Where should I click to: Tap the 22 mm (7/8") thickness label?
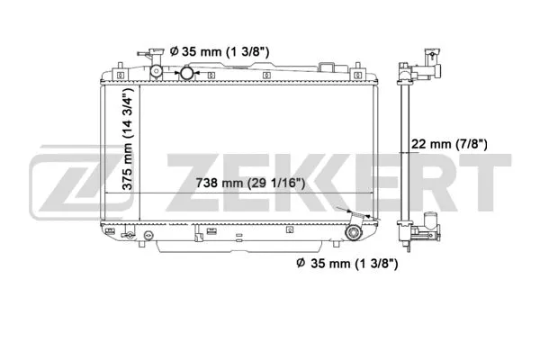coord(448,144)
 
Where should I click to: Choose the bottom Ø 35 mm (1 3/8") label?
coord(346,263)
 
